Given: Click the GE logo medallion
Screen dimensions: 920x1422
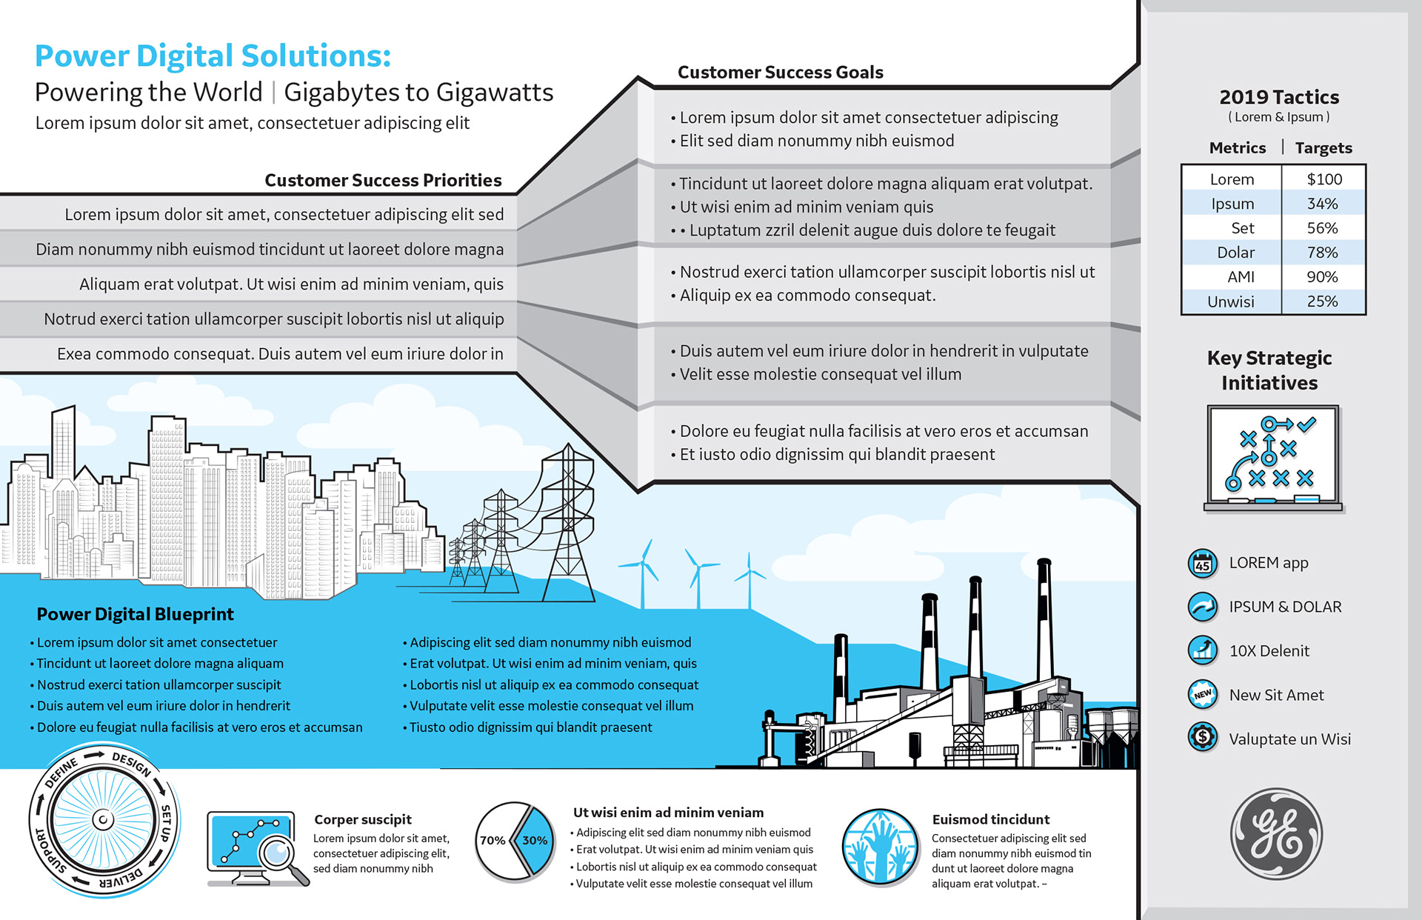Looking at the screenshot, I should [1276, 833].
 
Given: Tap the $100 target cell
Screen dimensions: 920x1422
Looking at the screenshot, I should [1324, 179].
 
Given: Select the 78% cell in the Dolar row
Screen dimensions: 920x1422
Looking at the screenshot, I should [1322, 253].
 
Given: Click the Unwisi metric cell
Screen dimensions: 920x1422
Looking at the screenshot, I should [1231, 301].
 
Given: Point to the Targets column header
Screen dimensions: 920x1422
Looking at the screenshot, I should [1323, 148].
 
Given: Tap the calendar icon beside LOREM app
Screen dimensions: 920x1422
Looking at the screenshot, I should [1202, 564].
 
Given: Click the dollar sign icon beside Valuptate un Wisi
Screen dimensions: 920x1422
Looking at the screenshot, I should [1202, 737].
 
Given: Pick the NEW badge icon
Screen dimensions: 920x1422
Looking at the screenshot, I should [1202, 694].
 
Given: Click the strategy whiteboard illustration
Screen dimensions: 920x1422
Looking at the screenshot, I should [1272, 458].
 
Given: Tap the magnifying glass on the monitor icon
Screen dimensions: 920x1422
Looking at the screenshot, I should [278, 852].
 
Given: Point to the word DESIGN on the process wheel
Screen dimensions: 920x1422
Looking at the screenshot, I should [132, 763].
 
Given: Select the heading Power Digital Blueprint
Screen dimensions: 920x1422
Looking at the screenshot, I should [135, 614].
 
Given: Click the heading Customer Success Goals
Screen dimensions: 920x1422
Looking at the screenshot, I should [780, 73].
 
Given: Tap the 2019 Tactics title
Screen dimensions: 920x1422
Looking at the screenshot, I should [1279, 97].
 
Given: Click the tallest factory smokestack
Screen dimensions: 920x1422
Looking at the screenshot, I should [1044, 622].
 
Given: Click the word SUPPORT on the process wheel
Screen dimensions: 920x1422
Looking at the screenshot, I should [49, 852].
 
